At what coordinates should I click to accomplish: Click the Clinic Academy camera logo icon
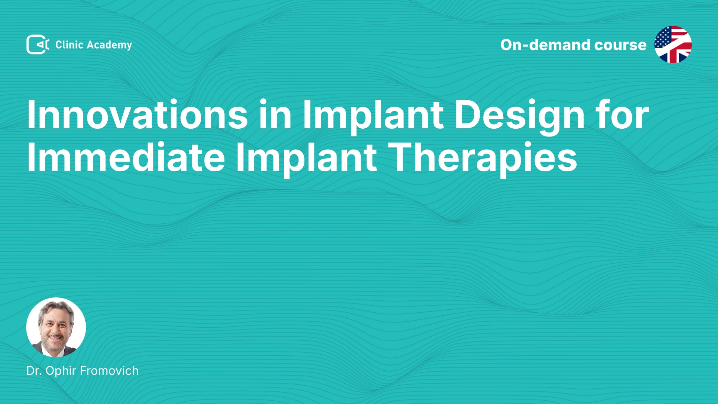[38, 45]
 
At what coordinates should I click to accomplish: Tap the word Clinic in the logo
[69, 45]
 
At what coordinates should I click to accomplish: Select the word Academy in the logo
[109, 45]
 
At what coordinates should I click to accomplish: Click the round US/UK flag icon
[673, 45]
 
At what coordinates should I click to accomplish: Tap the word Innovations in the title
[137, 114]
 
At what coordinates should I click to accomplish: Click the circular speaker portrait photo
[56, 327]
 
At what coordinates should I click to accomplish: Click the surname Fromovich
[109, 371]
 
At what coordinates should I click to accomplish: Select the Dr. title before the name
[34, 371]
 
